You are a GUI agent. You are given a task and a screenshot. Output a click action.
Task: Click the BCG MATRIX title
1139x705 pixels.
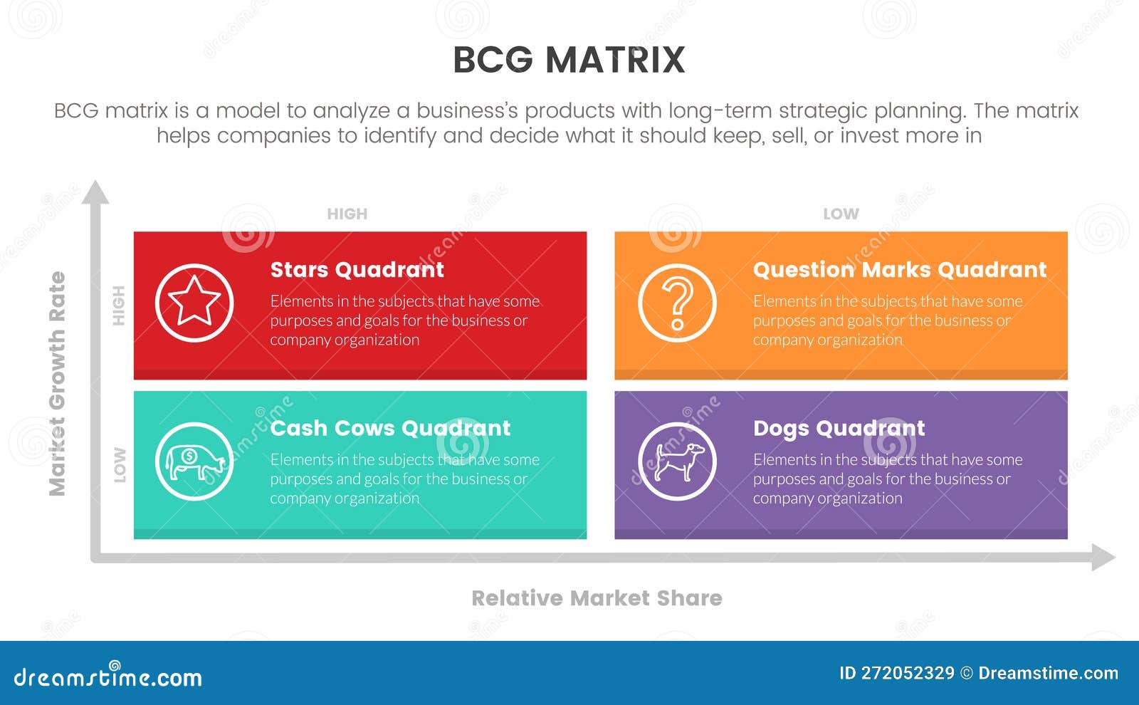pos(569,60)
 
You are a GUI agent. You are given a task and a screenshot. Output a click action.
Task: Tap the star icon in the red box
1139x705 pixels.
pos(194,303)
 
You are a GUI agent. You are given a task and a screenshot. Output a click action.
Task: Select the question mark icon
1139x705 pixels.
pos(677,303)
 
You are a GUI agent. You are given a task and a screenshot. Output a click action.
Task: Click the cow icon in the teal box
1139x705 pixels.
pos(194,461)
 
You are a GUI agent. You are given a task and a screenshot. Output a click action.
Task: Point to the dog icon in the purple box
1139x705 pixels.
pos(677,461)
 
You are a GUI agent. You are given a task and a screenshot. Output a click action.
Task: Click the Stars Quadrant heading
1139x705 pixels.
pos(357,270)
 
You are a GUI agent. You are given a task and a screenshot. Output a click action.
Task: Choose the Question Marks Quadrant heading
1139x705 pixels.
pos(899,270)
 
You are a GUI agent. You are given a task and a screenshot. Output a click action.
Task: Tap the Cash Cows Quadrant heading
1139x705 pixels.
pos(390,428)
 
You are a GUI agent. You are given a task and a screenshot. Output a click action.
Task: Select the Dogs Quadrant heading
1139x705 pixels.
pos(839,428)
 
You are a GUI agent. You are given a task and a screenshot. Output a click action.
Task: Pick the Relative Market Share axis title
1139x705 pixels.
pos(597,598)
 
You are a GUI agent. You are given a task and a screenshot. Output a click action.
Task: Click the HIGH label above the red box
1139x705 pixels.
pos(347,214)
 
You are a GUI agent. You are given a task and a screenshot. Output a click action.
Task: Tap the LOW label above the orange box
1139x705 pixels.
pos(841,214)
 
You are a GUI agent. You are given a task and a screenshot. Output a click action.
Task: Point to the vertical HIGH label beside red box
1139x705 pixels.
pos(119,305)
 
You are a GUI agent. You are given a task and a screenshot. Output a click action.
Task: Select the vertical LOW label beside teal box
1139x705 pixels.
pos(120,465)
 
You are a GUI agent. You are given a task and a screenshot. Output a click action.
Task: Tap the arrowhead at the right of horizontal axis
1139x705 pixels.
pos(1103,557)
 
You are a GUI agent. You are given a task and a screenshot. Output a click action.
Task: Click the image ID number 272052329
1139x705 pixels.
pos(907,674)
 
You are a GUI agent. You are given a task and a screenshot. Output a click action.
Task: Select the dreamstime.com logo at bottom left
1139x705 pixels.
pos(108,677)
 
